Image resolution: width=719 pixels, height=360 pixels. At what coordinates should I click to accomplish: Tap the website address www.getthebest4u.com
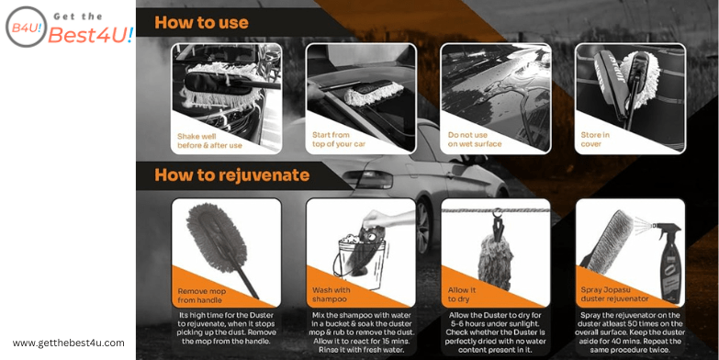click(68, 343)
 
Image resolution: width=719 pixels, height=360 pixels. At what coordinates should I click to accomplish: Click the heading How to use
click(201, 22)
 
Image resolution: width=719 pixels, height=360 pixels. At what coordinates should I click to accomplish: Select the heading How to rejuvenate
click(231, 174)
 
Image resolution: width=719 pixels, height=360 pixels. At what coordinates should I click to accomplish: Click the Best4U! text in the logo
click(91, 35)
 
